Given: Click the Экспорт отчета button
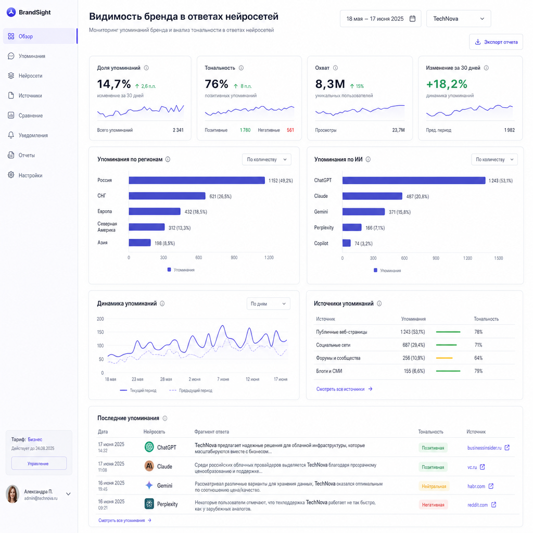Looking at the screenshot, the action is point(496,42).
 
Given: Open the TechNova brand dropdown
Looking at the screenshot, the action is point(459,19).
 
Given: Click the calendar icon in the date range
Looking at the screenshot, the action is point(412,19).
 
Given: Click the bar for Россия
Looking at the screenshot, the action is point(197,180).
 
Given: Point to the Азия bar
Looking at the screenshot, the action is point(139,243).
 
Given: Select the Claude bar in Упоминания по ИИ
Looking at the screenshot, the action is point(372,196).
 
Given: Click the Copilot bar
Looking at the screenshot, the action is point(346,243).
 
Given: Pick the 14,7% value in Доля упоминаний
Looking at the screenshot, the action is point(114,84).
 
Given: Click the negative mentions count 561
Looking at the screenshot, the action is point(290,130).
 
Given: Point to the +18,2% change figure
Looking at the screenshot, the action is point(447,84).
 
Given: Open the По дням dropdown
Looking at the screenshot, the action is point(268,303).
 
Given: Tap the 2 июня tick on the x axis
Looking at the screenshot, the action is point(195,379).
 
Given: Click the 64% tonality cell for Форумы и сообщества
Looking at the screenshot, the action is point(478,358).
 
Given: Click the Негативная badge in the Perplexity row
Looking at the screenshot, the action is point(433,505).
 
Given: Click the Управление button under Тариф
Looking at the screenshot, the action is point(39,463).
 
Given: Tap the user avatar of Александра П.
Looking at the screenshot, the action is point(12,494).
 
